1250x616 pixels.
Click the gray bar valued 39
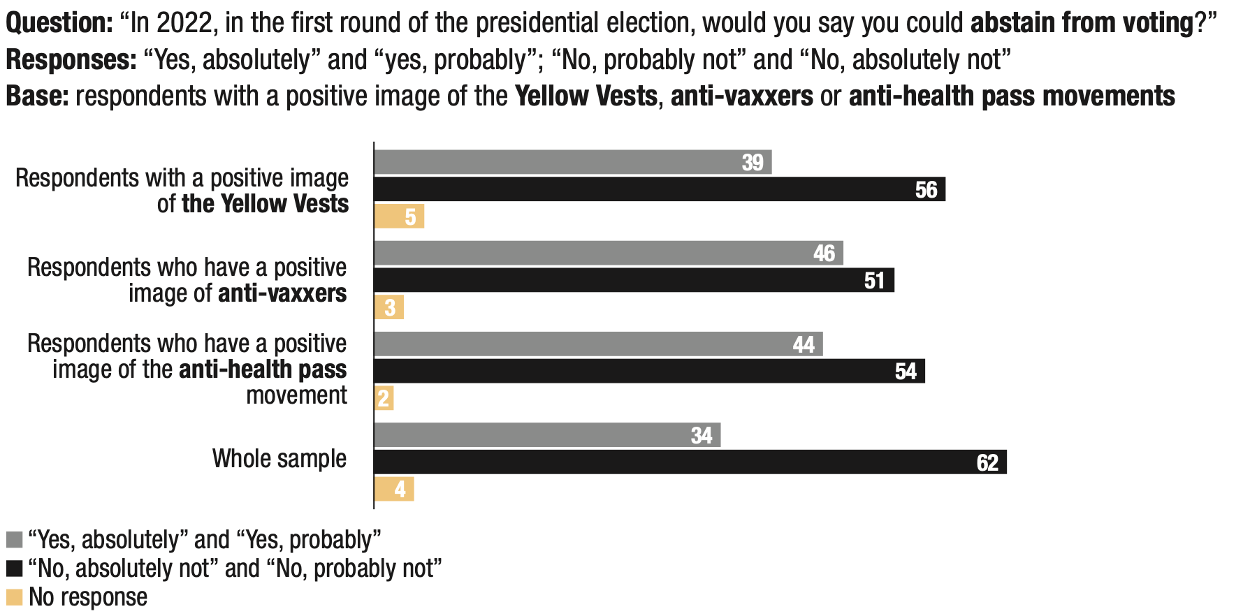click(573, 162)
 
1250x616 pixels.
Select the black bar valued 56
click(660, 189)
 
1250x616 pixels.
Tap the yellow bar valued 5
click(399, 217)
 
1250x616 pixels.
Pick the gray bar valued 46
click(609, 253)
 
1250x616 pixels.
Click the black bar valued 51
click(634, 280)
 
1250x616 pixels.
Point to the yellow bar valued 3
click(389, 307)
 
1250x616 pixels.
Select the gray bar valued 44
click(598, 344)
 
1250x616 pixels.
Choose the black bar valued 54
click(649, 371)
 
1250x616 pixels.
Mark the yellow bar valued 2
click(384, 398)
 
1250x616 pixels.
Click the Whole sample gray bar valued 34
click(547, 434)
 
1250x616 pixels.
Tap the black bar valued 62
click(690, 462)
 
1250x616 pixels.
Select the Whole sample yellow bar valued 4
click(394, 489)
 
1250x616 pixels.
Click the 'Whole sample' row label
click(279, 459)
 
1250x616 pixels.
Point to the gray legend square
click(15, 540)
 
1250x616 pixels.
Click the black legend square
click(15, 569)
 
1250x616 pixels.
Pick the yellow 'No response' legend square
click(15, 597)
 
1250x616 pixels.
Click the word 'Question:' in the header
click(59, 23)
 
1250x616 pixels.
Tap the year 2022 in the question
click(184, 23)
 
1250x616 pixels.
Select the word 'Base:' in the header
click(37, 96)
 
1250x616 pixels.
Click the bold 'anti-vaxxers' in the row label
click(282, 293)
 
